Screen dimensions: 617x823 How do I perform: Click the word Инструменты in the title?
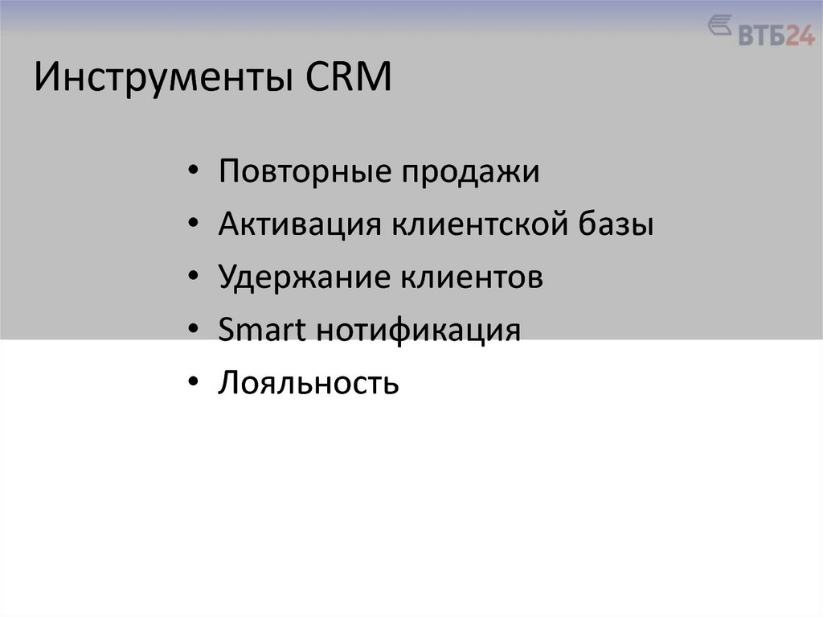162,81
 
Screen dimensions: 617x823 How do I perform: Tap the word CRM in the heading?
347,80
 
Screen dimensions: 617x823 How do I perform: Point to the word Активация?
299,225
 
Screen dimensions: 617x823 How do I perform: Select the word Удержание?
300,278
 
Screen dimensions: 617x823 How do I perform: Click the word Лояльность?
308,383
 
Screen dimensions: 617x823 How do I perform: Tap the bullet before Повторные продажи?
194,174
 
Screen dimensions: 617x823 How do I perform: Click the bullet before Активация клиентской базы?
194,226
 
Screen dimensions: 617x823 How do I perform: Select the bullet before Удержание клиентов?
194,278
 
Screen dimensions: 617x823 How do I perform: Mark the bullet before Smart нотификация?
194,331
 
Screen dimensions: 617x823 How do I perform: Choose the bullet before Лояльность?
194,383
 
